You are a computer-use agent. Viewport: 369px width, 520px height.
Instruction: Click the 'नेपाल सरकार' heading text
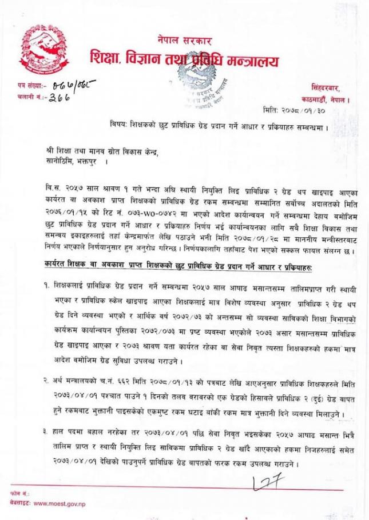[x=184, y=41]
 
